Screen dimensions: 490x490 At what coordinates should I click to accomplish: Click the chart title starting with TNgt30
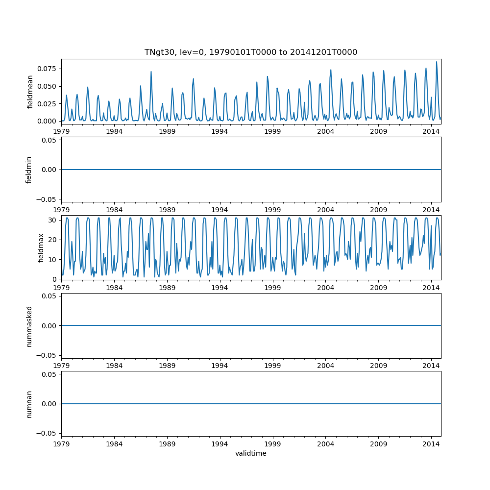(251, 52)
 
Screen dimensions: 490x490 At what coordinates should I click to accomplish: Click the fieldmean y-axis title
(30, 92)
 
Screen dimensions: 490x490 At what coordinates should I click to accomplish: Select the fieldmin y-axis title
(29, 170)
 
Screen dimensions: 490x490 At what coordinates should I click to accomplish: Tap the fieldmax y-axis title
(41, 247)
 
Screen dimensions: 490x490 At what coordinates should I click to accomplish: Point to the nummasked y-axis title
(29, 325)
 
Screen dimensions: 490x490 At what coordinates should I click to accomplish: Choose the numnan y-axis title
(29, 403)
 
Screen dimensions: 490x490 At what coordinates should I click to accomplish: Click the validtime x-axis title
(251, 453)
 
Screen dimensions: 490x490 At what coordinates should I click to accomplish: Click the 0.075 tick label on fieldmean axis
(48, 69)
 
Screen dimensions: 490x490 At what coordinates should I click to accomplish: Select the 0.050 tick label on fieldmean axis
(48, 86)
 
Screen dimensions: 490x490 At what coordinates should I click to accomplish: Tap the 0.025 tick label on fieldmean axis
(48, 104)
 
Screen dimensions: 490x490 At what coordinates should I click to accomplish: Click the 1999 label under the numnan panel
(272, 443)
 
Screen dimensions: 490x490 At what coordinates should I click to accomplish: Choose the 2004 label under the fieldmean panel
(325, 131)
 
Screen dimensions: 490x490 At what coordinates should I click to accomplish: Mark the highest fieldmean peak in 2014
(437, 62)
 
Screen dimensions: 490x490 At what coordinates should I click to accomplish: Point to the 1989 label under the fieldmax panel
(167, 287)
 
